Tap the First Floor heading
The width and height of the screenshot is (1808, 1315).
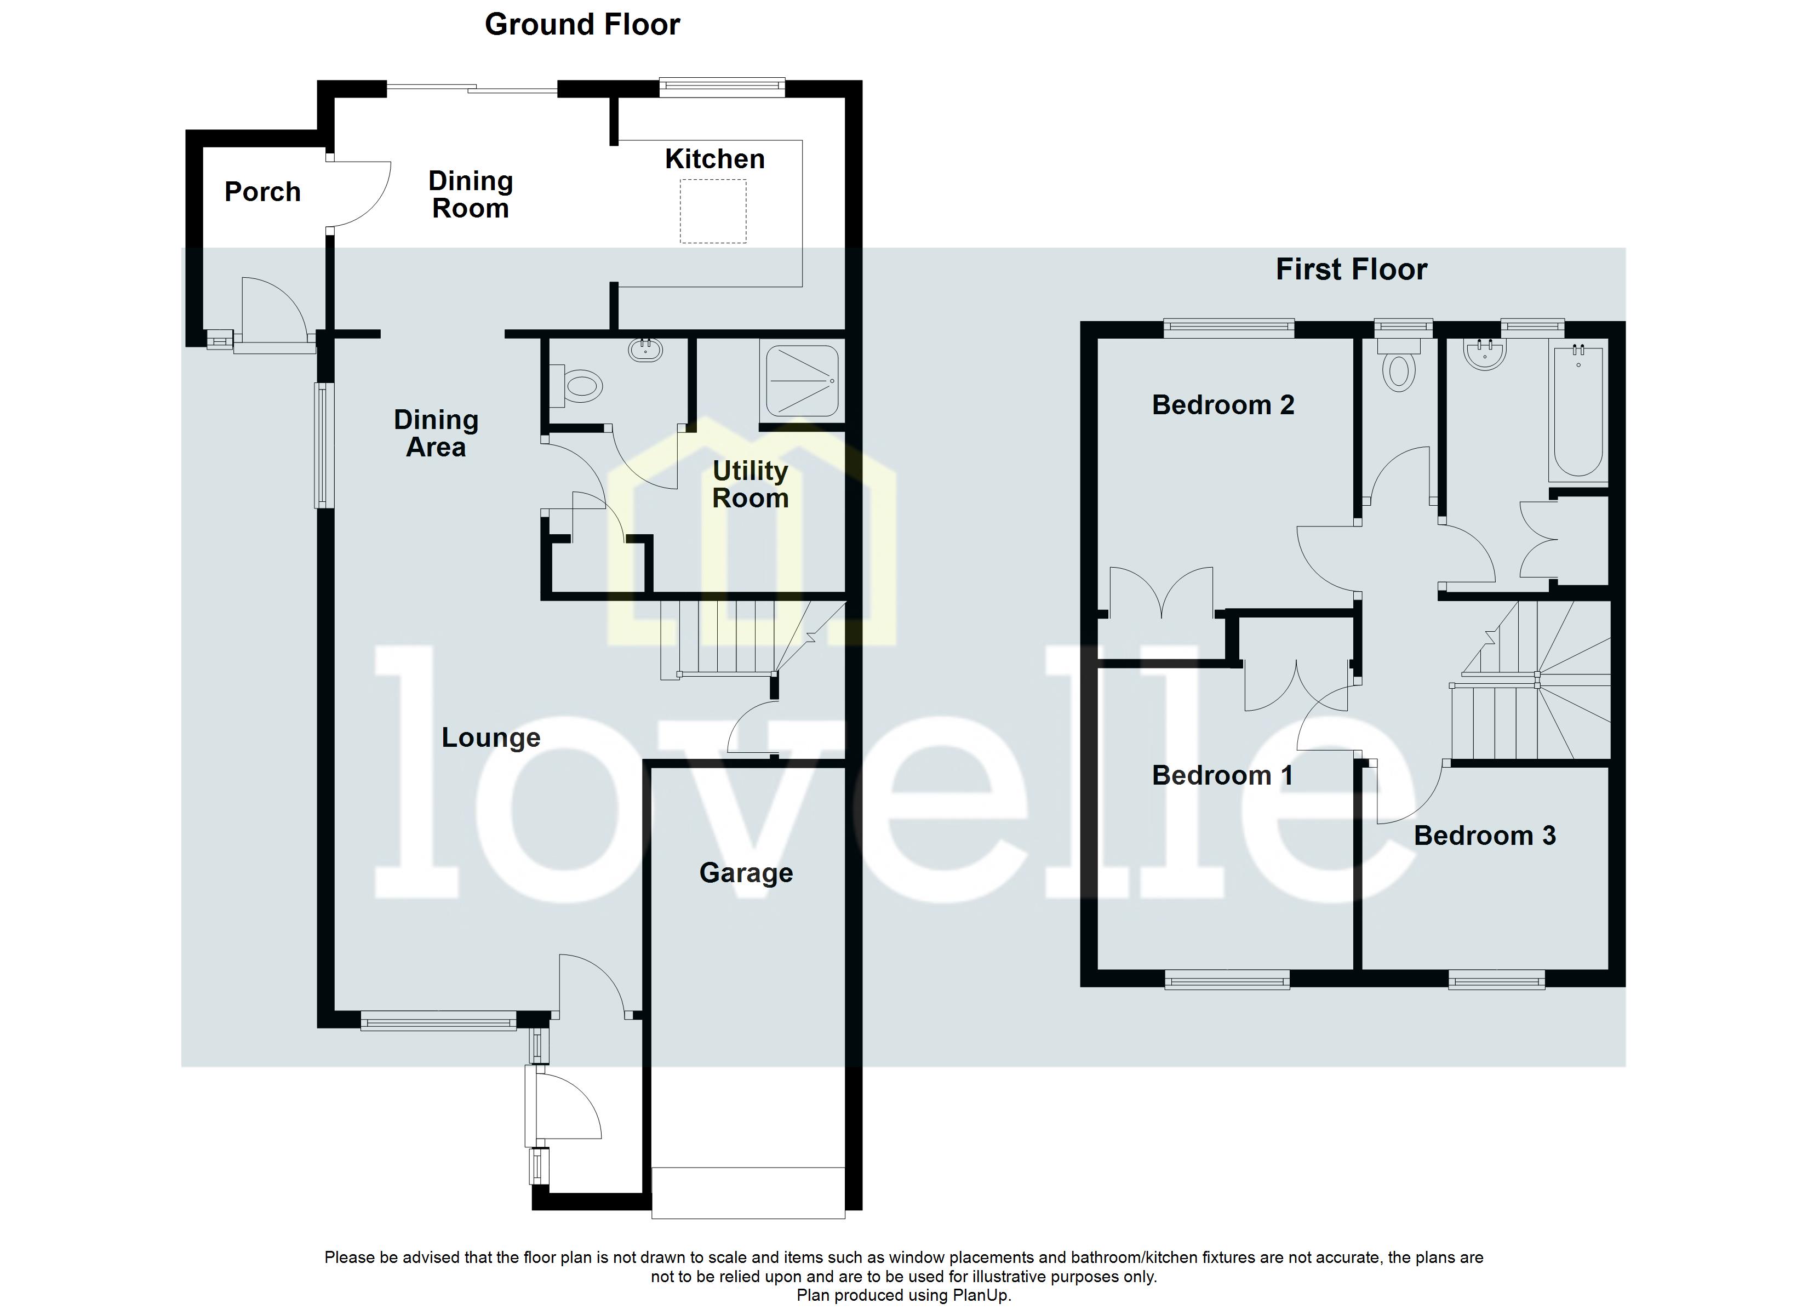pyautogui.click(x=1351, y=270)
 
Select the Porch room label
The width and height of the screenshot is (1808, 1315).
pyautogui.click(x=262, y=192)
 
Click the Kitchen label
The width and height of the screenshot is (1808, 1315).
pyautogui.click(x=714, y=159)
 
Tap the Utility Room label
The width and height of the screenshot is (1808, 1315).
pyautogui.click(x=749, y=485)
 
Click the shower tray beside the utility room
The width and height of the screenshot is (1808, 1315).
pyautogui.click(x=802, y=381)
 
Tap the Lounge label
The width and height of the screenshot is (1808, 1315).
pyautogui.click(x=490, y=737)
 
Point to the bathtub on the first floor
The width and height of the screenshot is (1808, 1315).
pyautogui.click(x=1577, y=411)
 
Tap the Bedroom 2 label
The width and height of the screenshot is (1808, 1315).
pyautogui.click(x=1222, y=405)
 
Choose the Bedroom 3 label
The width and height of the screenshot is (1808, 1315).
pyautogui.click(x=1484, y=836)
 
